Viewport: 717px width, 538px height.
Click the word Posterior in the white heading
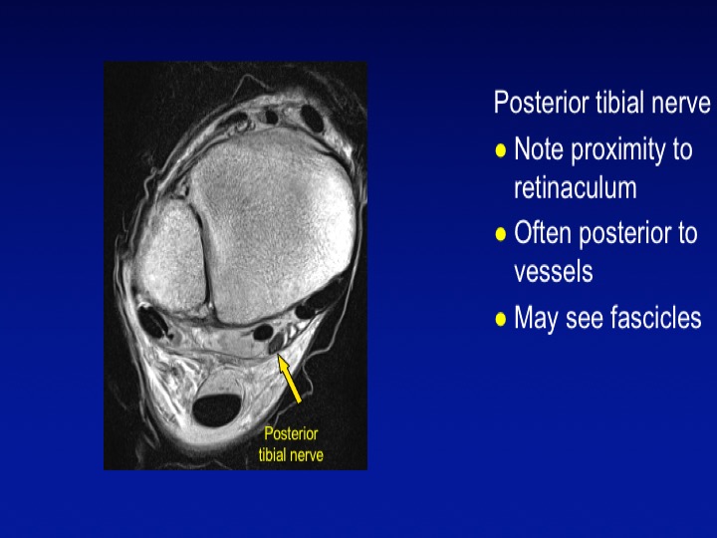click(x=542, y=102)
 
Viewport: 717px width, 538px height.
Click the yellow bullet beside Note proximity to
click(x=501, y=150)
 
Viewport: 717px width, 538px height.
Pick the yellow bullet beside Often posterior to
click(x=501, y=234)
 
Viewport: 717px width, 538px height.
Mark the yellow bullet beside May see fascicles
click(x=501, y=319)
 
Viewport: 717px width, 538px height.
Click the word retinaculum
click(x=576, y=187)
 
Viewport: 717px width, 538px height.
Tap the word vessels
click(x=554, y=272)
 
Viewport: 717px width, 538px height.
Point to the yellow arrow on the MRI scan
click(x=290, y=380)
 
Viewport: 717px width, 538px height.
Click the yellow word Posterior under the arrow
click(x=291, y=433)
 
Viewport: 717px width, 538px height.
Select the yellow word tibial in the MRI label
click(x=273, y=454)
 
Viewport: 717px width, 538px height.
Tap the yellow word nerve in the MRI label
click(x=308, y=456)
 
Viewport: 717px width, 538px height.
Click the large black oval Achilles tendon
click(x=217, y=409)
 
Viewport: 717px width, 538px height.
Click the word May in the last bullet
click(x=536, y=319)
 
